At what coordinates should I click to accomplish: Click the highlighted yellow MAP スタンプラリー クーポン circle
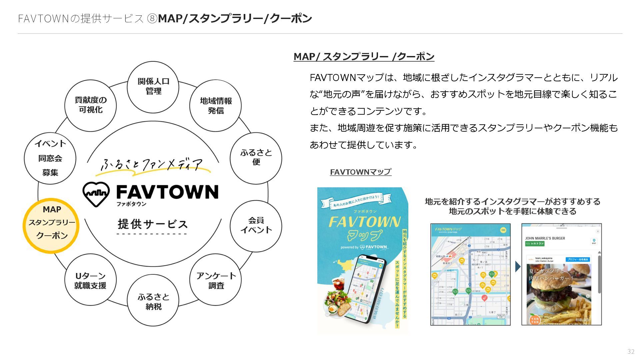pos(51,226)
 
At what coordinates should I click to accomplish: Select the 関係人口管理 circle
pos(153,87)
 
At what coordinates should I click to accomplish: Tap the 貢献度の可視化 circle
pos(90,105)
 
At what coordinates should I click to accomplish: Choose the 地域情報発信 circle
pos(215,106)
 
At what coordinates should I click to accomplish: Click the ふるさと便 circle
pos(256,158)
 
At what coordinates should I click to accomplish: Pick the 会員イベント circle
pos(256,226)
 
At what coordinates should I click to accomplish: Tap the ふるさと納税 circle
pos(153,301)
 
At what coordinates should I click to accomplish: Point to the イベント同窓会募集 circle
pos(50,158)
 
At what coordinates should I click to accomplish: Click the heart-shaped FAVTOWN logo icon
pos(96,194)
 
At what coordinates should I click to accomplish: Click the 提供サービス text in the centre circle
pos(153,224)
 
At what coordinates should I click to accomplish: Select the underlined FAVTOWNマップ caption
pos(360,172)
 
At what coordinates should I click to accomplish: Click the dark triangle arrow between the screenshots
pos(518,267)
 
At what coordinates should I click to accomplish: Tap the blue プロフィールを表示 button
pos(577,259)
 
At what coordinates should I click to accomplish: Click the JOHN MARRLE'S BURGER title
pos(545,238)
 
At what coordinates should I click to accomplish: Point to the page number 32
pos(631,351)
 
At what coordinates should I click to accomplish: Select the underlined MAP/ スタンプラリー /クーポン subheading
pos(364,57)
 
